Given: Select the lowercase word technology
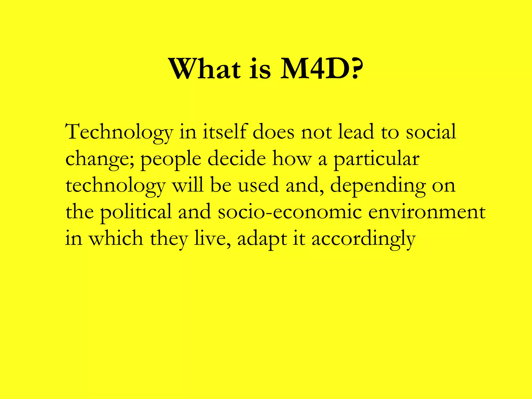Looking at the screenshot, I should [x=116, y=186].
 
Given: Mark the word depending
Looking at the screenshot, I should [x=378, y=186].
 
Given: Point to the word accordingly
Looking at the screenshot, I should [x=364, y=239].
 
